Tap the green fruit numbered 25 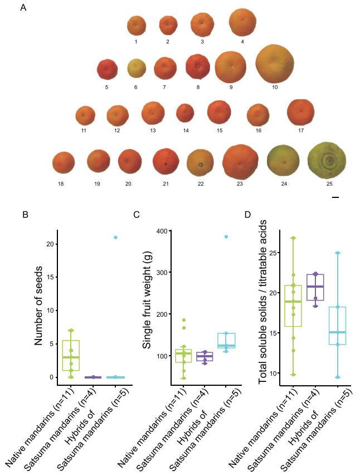pos(327,161)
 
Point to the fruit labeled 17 pos(300,111)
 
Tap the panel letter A pos(23,8)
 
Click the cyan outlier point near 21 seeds pos(115,237)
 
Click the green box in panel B pos(71,355)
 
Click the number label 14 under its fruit pos(186,130)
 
